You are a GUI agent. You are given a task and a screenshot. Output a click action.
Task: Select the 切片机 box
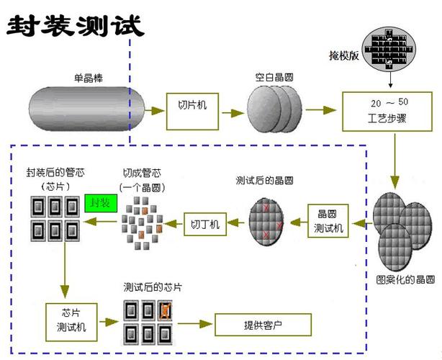[192, 111]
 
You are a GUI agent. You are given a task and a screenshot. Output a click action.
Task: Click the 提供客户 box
[262, 324]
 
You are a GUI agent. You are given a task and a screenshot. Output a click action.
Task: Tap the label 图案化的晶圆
[403, 279]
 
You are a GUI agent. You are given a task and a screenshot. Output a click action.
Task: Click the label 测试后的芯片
[152, 287]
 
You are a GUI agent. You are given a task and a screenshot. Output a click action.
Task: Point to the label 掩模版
[342, 55]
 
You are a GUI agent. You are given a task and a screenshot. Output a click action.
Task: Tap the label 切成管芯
[142, 173]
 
